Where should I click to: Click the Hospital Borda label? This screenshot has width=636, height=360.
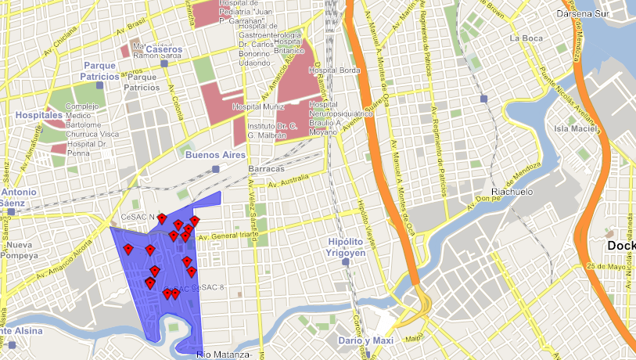(335, 70)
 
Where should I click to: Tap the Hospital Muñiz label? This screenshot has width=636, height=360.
(259, 106)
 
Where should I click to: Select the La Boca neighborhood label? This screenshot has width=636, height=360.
(525, 38)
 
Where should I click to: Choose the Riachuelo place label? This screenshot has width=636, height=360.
(512, 192)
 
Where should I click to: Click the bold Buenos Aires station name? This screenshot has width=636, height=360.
(215, 155)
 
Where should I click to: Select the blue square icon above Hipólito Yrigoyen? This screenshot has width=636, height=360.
(346, 262)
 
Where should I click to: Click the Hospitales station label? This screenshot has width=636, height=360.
(38, 115)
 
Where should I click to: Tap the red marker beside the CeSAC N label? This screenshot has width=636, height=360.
(162, 218)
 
